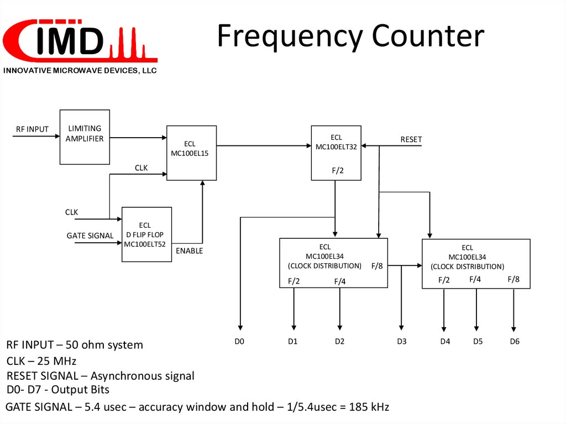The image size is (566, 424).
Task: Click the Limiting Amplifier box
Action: [85, 137]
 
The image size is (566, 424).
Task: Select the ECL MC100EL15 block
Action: [191, 153]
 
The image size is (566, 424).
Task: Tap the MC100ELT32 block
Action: [336, 153]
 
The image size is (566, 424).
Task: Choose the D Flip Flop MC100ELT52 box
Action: [146, 234]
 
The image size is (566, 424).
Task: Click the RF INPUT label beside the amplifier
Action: [32, 129]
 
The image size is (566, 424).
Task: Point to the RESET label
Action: [411, 140]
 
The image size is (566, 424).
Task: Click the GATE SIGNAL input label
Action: [90, 235]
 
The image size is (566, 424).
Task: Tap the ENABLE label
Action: [189, 251]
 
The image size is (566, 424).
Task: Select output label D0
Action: [239, 341]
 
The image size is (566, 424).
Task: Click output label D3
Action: [402, 341]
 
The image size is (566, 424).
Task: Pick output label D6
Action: [515, 341]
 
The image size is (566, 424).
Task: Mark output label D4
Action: [445, 341]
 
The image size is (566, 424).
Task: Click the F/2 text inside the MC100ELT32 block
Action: [338, 170]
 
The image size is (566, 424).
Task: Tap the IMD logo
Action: [80, 41]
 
